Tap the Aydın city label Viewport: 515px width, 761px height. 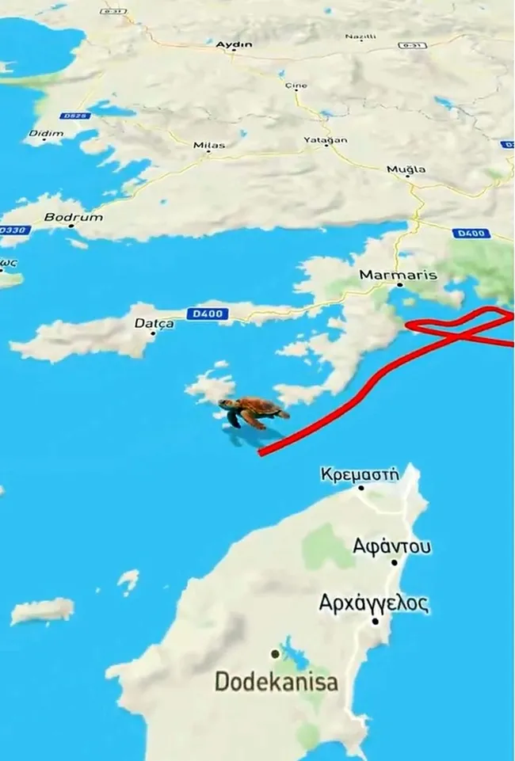click(234, 45)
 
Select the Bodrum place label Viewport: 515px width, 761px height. click(73, 217)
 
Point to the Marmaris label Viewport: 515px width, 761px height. click(398, 275)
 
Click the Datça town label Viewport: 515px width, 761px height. click(154, 323)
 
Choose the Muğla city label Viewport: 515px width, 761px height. click(406, 169)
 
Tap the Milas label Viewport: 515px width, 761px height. click(209, 145)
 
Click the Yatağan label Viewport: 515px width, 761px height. click(325, 140)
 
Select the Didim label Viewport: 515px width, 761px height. click(46, 133)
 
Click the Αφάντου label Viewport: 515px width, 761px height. click(392, 546)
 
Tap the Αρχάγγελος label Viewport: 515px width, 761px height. click(374, 603)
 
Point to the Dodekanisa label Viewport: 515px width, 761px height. click(276, 681)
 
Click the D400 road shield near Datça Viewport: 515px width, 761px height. click(208, 314)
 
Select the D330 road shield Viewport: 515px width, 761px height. click(13, 230)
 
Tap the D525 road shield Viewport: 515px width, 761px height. click(74, 116)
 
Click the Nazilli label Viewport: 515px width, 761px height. click(360, 37)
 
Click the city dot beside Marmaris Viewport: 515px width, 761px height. click(400, 285)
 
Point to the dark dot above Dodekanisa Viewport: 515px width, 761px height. click(275, 654)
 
